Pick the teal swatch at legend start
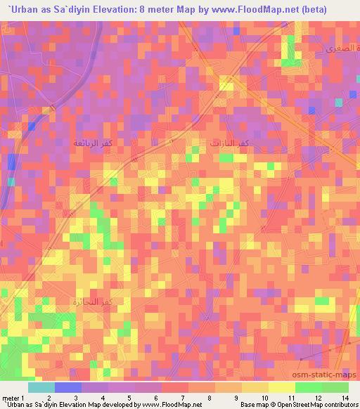point(41,387)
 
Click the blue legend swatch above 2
point(68,387)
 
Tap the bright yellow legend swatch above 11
point(281,387)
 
